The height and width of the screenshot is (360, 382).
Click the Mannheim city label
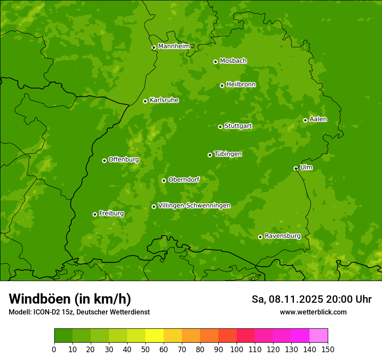[174, 46]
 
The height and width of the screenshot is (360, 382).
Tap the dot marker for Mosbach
[215, 62]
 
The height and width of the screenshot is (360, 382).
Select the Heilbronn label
[241, 85]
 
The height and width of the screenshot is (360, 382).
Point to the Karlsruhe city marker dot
[145, 101]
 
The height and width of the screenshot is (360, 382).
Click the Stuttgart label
[238, 126]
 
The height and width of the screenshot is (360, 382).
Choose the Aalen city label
[318, 119]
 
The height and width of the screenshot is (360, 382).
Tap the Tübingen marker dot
[210, 155]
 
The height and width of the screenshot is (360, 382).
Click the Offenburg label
[124, 160]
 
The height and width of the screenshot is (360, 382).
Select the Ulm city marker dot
[296, 168]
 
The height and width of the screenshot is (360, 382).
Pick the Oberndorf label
[184, 180]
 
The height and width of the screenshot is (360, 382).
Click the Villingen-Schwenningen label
[194, 206]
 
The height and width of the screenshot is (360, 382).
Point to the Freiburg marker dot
[95, 214]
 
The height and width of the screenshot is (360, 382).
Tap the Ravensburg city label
[282, 236]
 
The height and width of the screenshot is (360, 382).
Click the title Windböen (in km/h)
[69, 299]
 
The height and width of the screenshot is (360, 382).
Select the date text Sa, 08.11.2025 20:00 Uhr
[311, 299]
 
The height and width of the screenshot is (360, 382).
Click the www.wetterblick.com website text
[313, 312]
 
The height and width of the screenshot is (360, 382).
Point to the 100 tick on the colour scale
[237, 349]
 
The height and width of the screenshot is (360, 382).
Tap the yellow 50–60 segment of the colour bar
[155, 336]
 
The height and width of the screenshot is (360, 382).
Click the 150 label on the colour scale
[327, 349]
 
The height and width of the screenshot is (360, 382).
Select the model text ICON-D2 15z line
[79, 312]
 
